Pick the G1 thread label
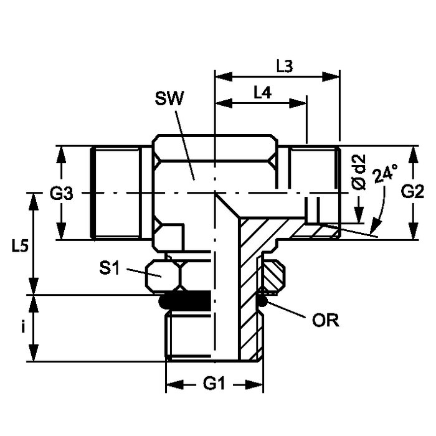[x=214, y=384]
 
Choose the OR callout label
[x=325, y=321]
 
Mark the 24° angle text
[x=385, y=181]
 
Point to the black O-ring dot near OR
[x=263, y=303]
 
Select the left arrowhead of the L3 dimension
[x=219, y=78]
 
